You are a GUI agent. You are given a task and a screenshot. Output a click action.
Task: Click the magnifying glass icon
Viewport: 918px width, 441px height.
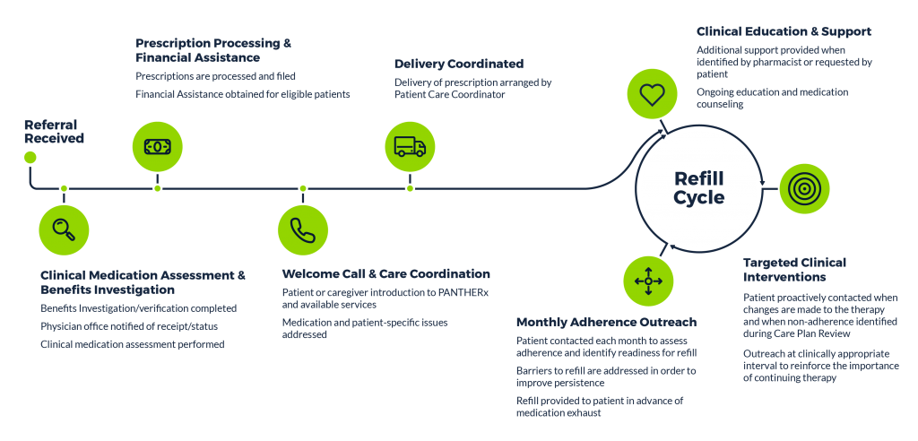pos(64,229)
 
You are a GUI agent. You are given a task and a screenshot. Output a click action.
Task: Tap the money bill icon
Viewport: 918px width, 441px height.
pos(158,146)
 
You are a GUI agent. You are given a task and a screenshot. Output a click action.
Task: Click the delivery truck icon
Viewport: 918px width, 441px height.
pos(410,146)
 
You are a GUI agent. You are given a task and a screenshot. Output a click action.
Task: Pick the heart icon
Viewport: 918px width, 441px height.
pos(653,95)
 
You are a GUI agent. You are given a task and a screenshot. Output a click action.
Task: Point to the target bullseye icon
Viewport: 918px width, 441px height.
pos(804,188)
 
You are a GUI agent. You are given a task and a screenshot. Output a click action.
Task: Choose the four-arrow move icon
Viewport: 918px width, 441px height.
pos(648,281)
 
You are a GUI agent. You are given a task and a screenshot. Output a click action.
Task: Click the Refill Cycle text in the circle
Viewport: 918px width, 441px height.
pos(699,188)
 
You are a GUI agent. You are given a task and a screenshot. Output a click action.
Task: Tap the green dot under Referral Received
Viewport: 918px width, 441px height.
pos(30,158)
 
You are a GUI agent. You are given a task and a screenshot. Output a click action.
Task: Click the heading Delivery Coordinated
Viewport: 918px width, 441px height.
pos(459,64)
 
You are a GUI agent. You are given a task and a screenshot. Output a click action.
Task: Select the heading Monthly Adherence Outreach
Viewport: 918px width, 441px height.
pos(607,322)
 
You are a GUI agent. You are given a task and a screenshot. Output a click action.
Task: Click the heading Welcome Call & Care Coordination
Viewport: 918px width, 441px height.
pos(385,274)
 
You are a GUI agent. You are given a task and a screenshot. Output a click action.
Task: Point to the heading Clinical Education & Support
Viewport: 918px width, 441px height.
pos(784,31)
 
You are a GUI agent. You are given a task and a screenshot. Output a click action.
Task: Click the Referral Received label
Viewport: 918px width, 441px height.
pos(54,132)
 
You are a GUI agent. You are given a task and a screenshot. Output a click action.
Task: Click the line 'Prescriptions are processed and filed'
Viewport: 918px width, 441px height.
pos(215,76)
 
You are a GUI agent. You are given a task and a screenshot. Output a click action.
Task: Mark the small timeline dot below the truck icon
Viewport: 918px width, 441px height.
pos(410,188)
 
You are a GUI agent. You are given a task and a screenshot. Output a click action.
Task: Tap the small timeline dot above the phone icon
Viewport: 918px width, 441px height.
pos(303,188)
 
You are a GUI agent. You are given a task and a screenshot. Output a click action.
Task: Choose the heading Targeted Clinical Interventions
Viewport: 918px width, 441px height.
pos(794,270)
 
